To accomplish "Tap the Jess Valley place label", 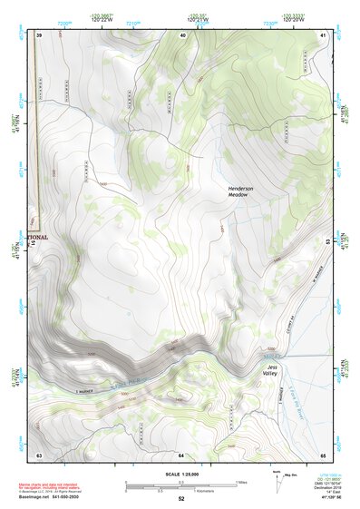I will click(271, 370).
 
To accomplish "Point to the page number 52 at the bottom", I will click(181, 499).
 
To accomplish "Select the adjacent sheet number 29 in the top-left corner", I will click(40, 34).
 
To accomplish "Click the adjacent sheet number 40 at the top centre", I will click(182, 34).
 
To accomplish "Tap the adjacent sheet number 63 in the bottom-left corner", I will click(39, 454).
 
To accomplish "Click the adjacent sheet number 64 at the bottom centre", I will click(181, 454).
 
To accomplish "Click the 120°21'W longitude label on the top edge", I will click(198, 19).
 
